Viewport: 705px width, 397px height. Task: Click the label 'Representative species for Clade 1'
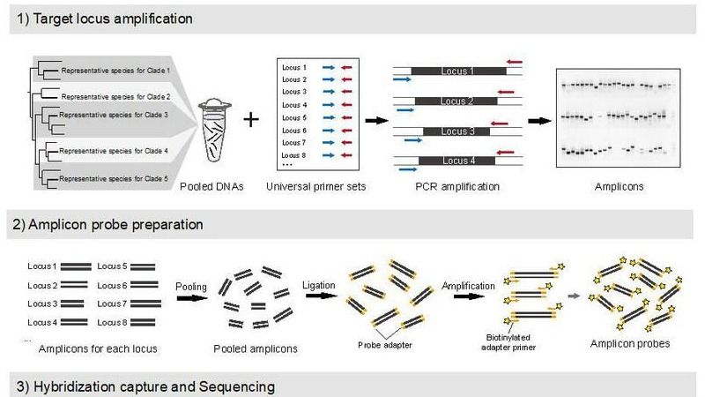pyautogui.click(x=115, y=70)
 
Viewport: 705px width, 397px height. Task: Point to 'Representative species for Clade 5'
pyautogui.click(x=115, y=179)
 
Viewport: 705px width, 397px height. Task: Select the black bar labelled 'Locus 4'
pyautogui.click(x=457, y=161)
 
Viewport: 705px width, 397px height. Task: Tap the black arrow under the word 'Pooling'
pyautogui.click(x=191, y=298)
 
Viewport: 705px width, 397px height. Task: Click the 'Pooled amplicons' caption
pyautogui.click(x=256, y=349)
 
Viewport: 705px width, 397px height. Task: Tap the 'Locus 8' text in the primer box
pyautogui.click(x=293, y=154)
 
